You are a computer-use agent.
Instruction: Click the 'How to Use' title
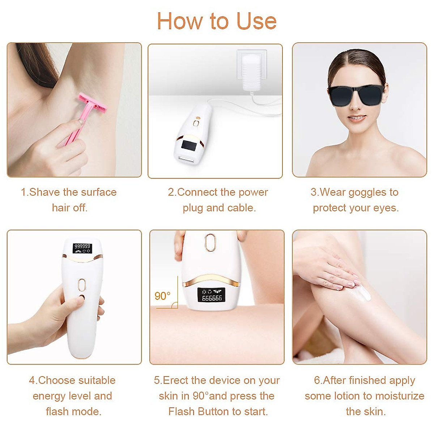(217, 21)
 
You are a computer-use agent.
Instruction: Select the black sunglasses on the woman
(356, 95)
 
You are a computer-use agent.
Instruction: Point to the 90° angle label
(162, 296)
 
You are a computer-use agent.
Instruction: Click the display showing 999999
(82, 248)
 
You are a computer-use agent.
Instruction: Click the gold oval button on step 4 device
(82, 285)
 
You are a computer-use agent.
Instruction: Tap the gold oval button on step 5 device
(210, 242)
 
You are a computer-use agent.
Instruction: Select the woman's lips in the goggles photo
(357, 118)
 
